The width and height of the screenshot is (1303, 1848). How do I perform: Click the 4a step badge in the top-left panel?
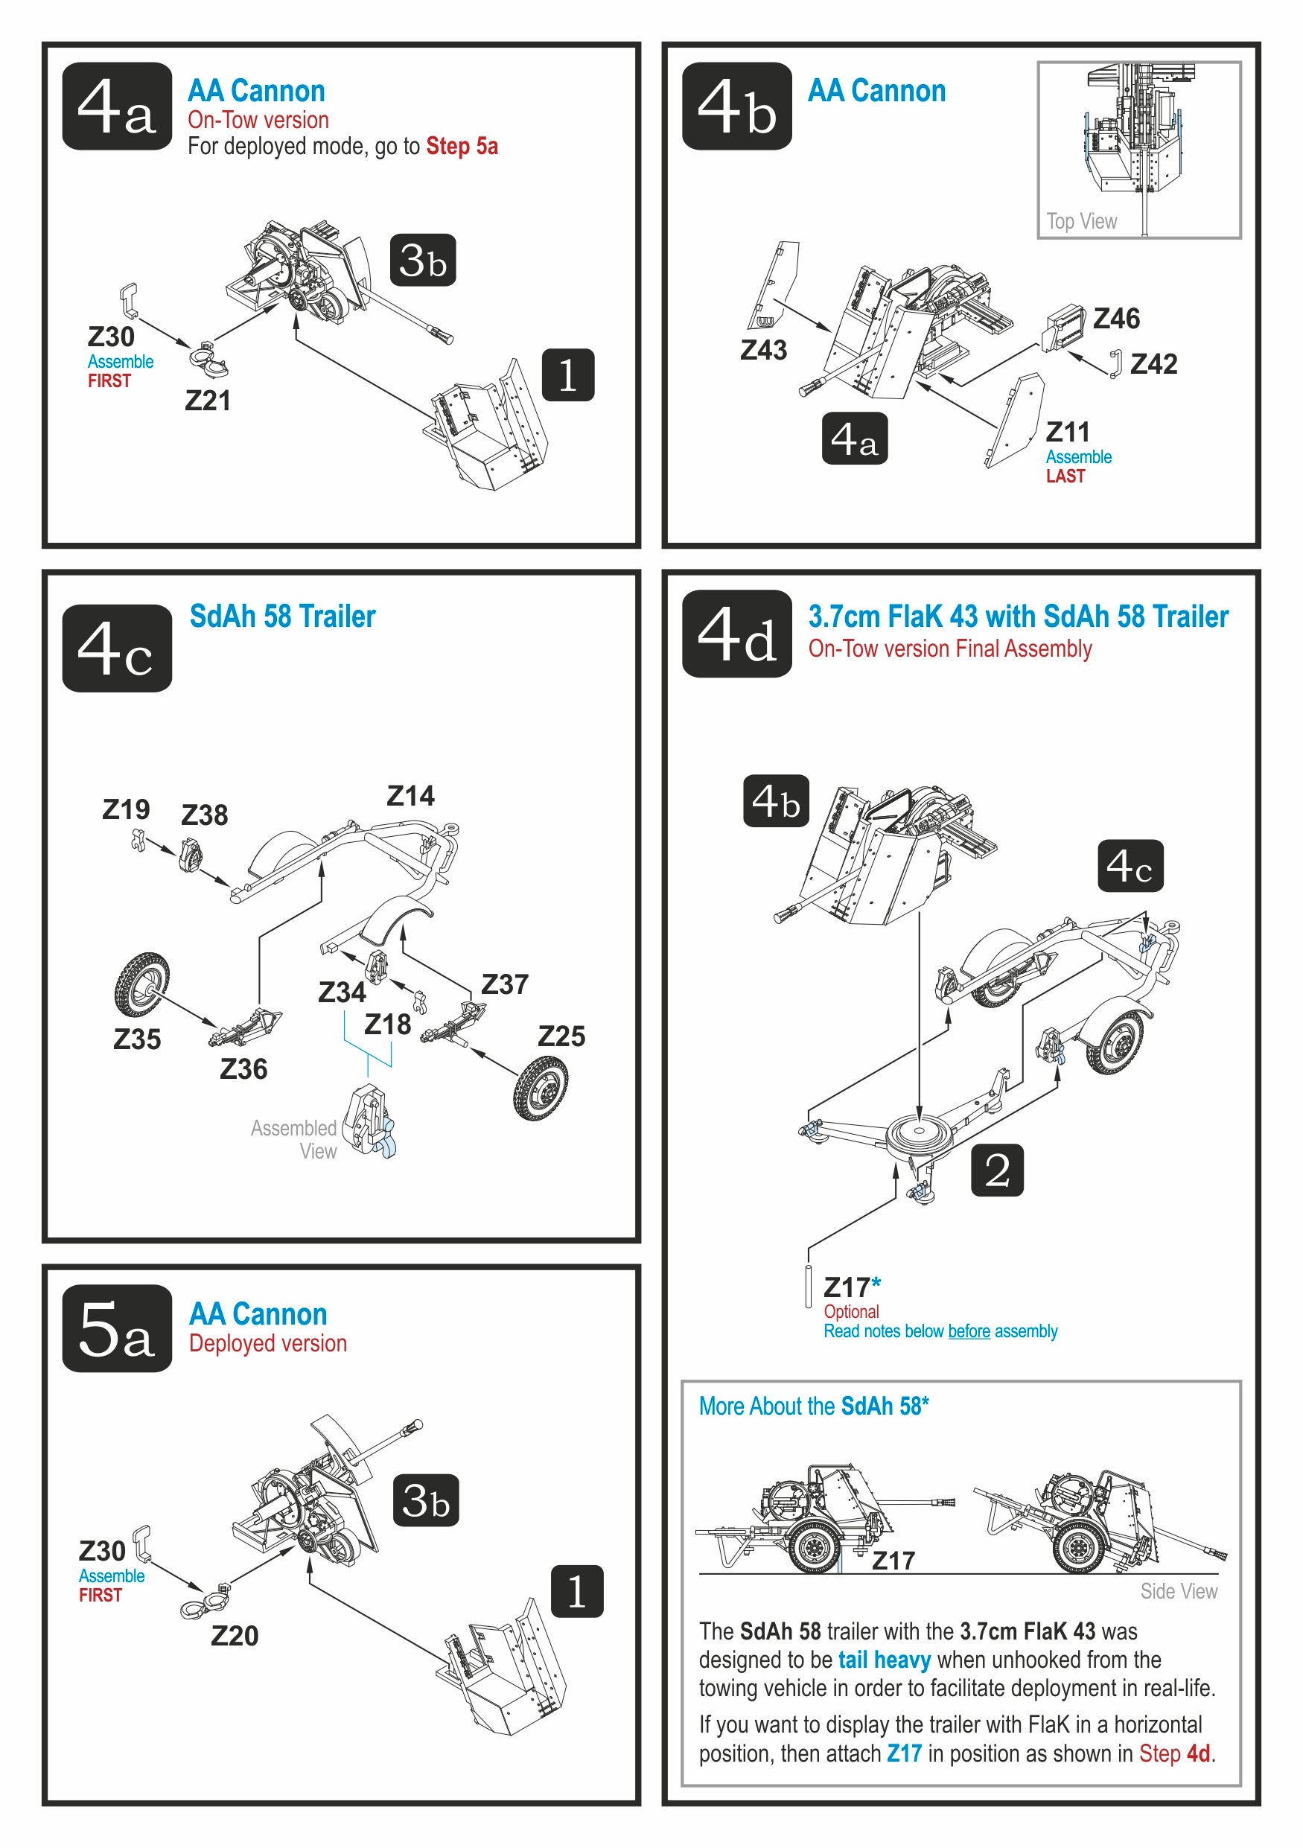click(117, 106)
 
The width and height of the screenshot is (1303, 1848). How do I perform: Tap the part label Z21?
click(208, 401)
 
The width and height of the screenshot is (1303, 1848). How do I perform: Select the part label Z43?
click(763, 350)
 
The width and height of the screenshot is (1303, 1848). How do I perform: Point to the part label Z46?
click(1115, 319)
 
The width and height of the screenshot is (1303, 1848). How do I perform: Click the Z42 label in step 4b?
click(1153, 365)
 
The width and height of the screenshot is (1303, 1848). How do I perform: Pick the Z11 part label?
click(1067, 433)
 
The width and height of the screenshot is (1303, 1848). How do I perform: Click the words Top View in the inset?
click(1081, 221)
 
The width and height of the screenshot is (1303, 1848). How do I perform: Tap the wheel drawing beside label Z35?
click(141, 984)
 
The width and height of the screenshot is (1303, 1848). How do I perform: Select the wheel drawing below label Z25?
click(540, 1087)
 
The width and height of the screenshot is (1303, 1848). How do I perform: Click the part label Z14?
click(410, 796)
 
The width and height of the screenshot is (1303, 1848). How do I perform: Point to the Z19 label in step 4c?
click(126, 809)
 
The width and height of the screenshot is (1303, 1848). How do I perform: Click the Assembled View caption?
click(295, 1139)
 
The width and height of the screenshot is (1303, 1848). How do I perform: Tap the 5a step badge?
click(117, 1328)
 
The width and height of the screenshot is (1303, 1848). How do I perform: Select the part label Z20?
click(235, 1636)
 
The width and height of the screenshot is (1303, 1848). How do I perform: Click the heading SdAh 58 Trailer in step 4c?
click(282, 616)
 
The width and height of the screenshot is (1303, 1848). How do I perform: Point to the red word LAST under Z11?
click(1065, 477)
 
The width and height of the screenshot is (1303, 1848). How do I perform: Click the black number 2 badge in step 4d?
click(997, 1170)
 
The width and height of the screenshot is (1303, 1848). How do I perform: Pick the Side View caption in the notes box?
click(1178, 1591)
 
